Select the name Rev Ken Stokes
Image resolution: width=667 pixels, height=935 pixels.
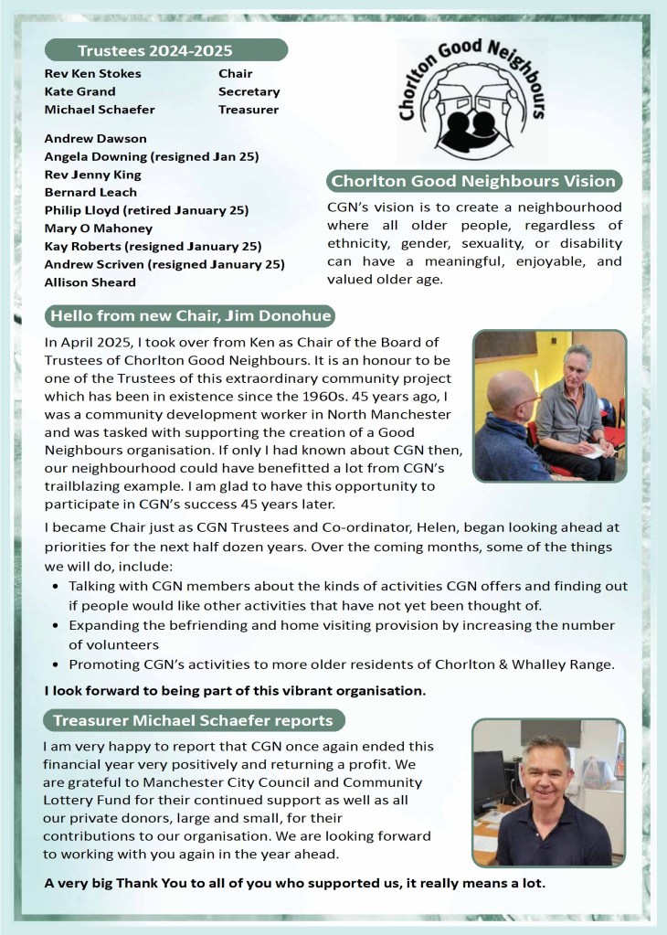(x=92, y=74)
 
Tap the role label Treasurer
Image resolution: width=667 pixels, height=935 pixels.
(x=248, y=110)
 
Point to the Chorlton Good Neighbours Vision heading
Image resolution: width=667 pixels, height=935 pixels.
(x=474, y=181)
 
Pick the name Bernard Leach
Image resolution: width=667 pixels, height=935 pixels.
(x=90, y=192)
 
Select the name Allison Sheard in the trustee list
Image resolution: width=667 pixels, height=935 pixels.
(x=90, y=282)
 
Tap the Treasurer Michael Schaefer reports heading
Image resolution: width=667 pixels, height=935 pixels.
(x=193, y=720)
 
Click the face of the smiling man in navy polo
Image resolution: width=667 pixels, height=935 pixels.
(x=546, y=768)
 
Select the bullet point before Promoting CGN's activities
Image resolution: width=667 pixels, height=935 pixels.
(x=58, y=664)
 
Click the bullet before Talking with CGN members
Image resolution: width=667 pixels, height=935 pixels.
(x=58, y=586)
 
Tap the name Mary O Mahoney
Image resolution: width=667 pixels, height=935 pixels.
(x=99, y=228)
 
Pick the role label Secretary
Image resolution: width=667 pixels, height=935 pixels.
(x=249, y=91)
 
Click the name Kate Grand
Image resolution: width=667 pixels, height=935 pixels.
(x=79, y=91)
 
